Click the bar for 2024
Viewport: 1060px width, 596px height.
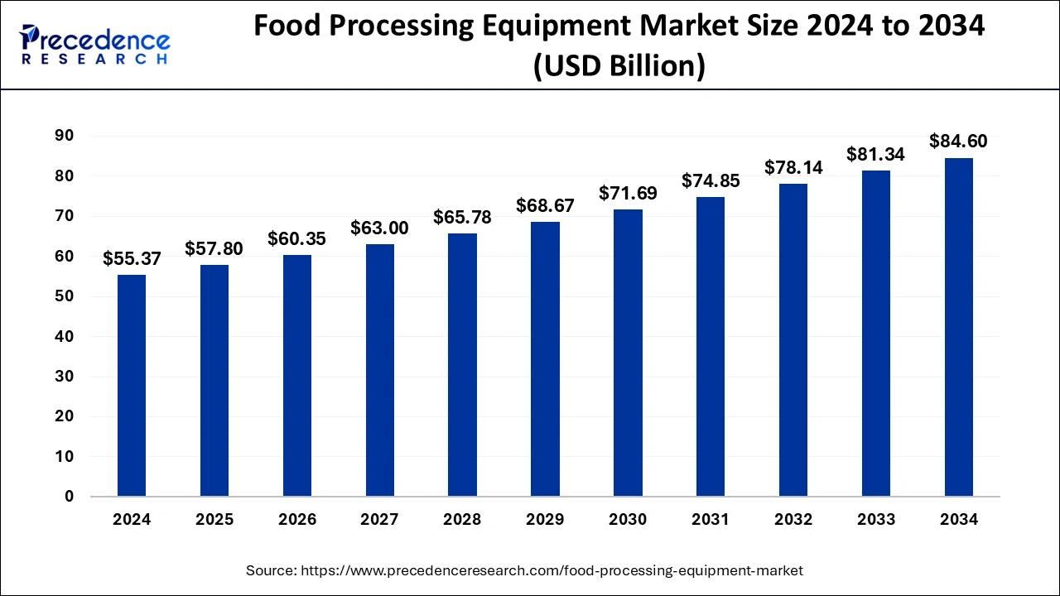pos(132,386)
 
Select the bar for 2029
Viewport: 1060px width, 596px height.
pos(545,359)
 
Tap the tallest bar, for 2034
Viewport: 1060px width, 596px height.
pos(958,327)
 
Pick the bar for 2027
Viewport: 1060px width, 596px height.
pos(380,370)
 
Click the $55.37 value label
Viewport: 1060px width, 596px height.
pos(132,259)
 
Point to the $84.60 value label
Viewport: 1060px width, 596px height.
pos(958,142)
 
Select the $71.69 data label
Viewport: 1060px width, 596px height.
pos(628,194)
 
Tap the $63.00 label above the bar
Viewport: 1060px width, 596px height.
pos(380,228)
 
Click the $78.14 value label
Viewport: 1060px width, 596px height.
pos(793,168)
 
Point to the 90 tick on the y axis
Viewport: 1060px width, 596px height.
pos(65,136)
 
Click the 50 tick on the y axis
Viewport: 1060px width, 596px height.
pos(65,296)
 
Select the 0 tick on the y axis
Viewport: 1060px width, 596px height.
pos(70,497)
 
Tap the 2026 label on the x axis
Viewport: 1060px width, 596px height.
pos(297,520)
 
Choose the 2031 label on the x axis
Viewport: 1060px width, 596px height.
pos(711,520)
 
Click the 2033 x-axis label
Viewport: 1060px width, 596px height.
pos(876,520)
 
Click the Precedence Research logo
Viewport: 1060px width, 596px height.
pos(95,45)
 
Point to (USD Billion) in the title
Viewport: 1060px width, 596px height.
pos(619,65)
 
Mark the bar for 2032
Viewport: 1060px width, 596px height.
pos(793,340)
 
